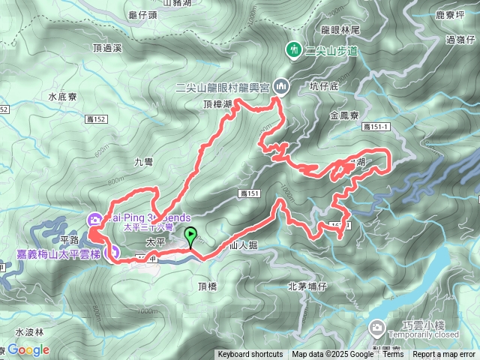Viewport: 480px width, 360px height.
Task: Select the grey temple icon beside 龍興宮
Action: pyautogui.click(x=281, y=86)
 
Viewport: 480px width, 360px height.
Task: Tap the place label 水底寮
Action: pyautogui.click(x=62, y=97)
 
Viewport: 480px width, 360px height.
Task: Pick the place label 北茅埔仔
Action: pyautogui.click(x=307, y=286)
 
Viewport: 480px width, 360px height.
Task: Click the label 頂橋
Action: pyautogui.click(x=208, y=286)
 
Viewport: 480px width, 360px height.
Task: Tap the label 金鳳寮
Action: pyautogui.click(x=344, y=115)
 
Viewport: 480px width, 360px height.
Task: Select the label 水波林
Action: pyautogui.click(x=30, y=331)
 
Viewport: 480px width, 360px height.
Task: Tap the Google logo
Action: pyautogui.click(x=28, y=350)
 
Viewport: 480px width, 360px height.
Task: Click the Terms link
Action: pyautogui.click(x=393, y=355)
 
